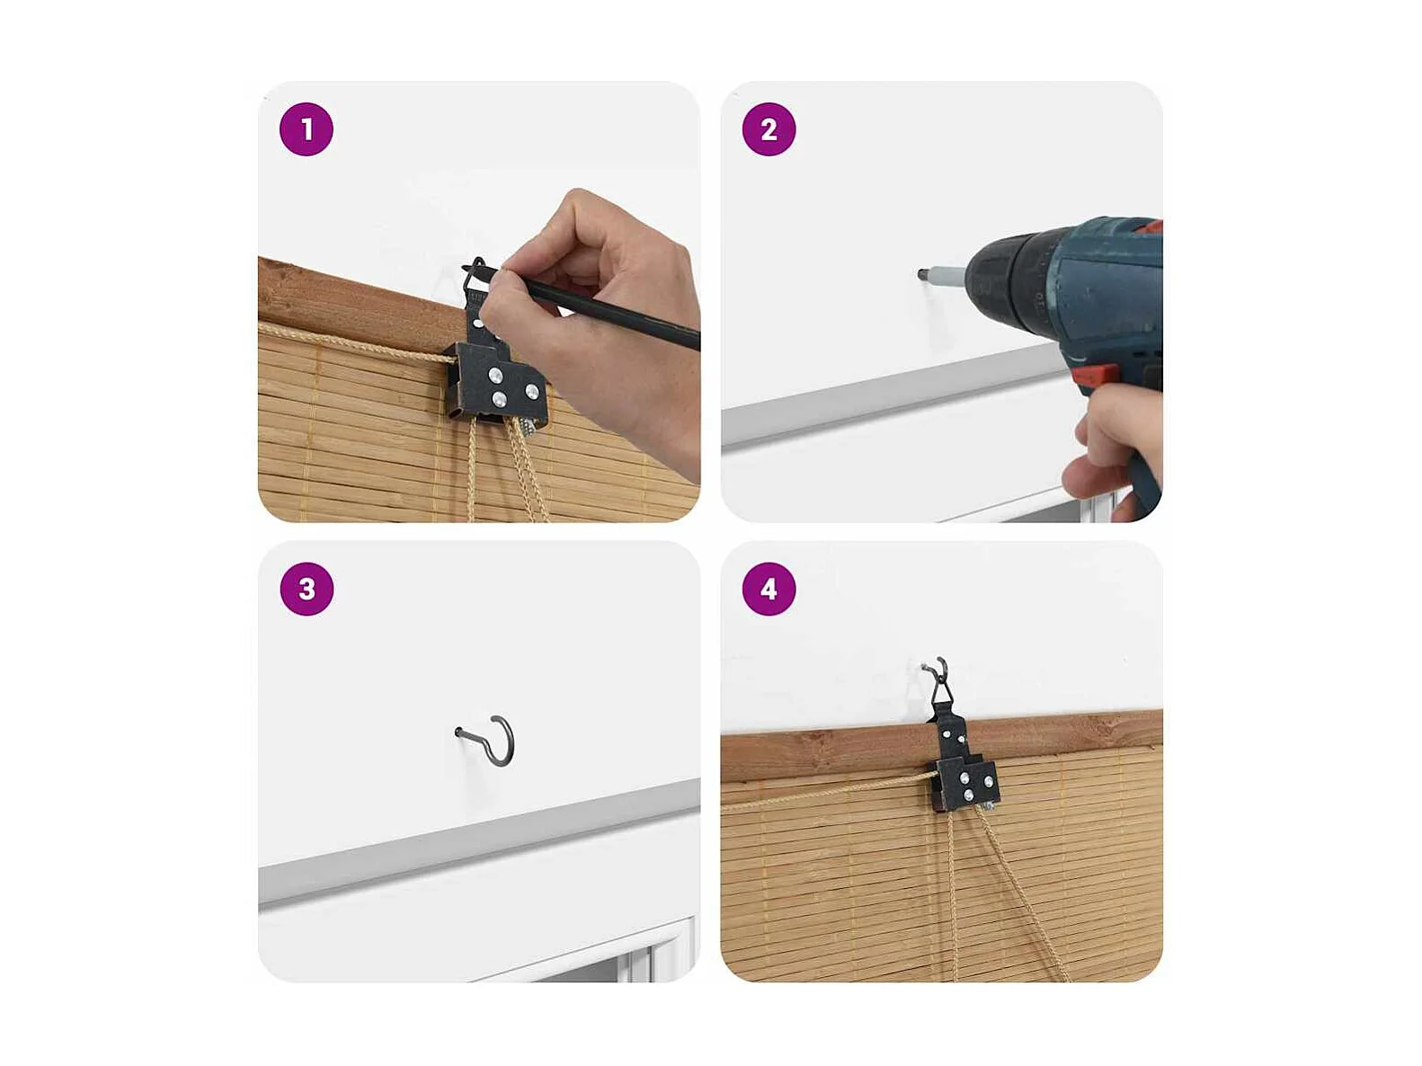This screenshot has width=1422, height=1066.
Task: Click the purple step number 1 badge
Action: point(306,129)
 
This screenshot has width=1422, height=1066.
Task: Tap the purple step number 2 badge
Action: point(769,129)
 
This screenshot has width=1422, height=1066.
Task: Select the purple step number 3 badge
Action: point(307,589)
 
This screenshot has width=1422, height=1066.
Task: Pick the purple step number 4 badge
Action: point(769,589)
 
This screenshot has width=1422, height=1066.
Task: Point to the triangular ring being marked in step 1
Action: point(476,275)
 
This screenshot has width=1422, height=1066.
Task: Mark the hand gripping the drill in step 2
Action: point(1111,447)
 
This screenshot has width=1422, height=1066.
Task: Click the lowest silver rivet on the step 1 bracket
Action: point(499,400)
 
